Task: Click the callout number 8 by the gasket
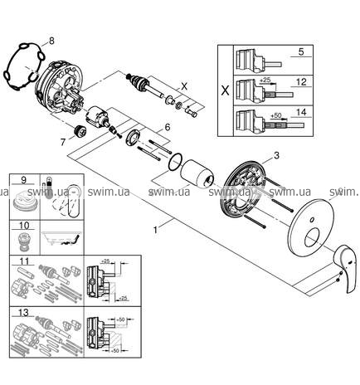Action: click(x=51, y=41)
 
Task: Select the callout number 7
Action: click(x=63, y=142)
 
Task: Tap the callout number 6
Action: click(x=168, y=128)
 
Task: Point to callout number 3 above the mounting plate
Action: click(x=276, y=156)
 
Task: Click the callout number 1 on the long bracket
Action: click(x=156, y=229)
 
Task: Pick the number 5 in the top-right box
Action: click(x=301, y=51)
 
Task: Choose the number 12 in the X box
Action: click(x=301, y=82)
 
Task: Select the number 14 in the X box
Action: click(x=301, y=112)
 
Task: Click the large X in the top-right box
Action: click(x=226, y=90)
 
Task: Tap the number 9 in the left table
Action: click(x=23, y=180)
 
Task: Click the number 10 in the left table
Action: click(x=24, y=226)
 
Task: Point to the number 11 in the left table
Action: click(x=24, y=261)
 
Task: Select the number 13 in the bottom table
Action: click(x=24, y=313)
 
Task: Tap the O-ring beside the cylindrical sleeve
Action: click(x=176, y=162)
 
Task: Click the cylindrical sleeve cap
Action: click(x=197, y=173)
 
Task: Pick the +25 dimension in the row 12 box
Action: click(x=265, y=80)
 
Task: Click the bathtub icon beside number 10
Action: click(x=62, y=237)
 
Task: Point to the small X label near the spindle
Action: click(x=184, y=86)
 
